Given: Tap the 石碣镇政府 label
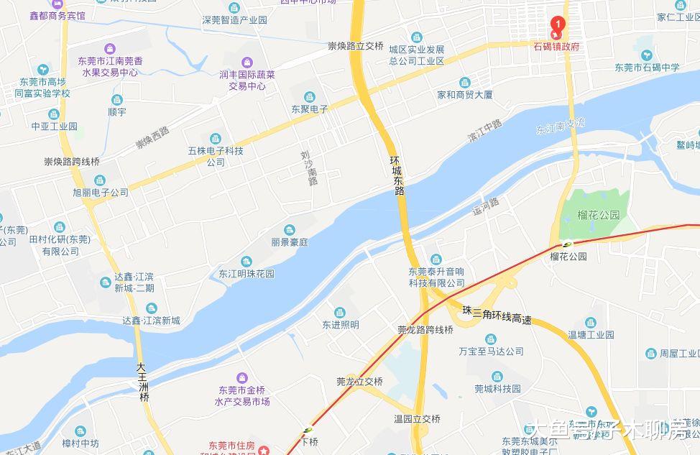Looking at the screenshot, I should tap(556, 47).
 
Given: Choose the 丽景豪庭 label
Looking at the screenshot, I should tap(290, 243).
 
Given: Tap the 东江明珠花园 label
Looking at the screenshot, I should tap(247, 274).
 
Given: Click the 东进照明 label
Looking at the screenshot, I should tap(340, 325).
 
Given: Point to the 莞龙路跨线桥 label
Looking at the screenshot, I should tap(425, 330).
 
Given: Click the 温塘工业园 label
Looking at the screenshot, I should tap(591, 334).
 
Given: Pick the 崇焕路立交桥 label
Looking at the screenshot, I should tap(355, 46).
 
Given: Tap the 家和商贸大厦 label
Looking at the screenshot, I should tap(465, 94).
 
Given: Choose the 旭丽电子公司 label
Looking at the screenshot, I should tap(101, 193).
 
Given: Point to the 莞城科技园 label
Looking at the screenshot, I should tap(497, 389).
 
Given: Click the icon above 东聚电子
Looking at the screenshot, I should tap(309, 97).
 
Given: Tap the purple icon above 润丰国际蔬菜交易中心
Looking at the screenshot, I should tap(247, 62).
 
